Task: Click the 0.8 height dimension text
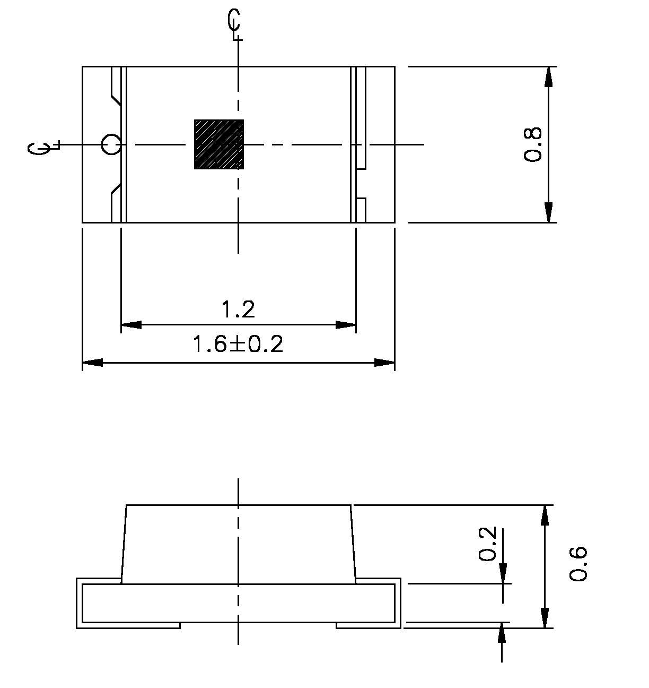tap(533, 144)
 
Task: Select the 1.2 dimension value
tap(238, 309)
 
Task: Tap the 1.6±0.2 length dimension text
tap(238, 345)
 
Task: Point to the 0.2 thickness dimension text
tap(487, 544)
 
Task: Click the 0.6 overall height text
tap(578, 563)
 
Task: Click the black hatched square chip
tap(219, 144)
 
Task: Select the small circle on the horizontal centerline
tap(111, 144)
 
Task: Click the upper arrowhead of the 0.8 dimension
tap(549, 77)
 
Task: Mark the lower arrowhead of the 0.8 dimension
tap(549, 212)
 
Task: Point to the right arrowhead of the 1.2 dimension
tap(345, 324)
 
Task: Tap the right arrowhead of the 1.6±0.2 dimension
tap(384, 363)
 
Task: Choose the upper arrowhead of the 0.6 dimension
tap(545, 515)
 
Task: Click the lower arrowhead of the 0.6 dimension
tap(545, 618)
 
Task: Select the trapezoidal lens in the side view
tap(238, 544)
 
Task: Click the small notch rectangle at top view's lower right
tap(361, 210)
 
